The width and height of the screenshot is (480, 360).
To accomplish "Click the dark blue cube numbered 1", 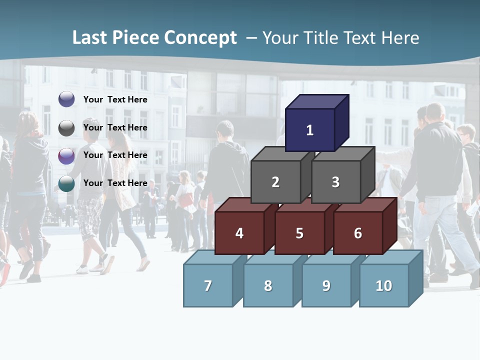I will [x=310, y=130].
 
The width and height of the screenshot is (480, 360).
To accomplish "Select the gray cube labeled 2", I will [x=275, y=182].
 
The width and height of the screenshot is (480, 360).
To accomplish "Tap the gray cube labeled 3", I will [x=335, y=182].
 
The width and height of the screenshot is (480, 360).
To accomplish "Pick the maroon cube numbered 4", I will [x=239, y=233].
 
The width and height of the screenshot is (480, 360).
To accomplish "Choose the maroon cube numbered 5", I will [x=299, y=233].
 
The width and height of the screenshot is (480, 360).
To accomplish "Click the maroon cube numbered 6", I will [x=358, y=233].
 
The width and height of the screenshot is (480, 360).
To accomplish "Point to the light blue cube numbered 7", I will [x=208, y=285].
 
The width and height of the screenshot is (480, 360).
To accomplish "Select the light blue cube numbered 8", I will [x=268, y=285].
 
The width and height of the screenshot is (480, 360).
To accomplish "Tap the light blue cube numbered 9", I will [x=326, y=285].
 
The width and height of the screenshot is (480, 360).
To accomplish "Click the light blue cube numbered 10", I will [x=384, y=285].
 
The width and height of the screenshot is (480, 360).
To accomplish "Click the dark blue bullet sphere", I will [x=66, y=99].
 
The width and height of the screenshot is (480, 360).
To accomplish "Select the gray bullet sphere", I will [x=66, y=128].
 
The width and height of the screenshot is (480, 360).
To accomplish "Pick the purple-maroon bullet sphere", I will [x=66, y=156].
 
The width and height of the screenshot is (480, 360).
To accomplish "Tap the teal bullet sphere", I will [x=66, y=183].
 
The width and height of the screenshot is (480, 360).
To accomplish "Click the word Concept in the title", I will [x=200, y=38].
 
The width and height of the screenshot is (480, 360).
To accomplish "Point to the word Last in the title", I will [x=90, y=38].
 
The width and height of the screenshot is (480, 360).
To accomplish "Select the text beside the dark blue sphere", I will [x=115, y=99].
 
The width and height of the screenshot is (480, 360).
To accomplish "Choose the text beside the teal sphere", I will [x=115, y=183].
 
